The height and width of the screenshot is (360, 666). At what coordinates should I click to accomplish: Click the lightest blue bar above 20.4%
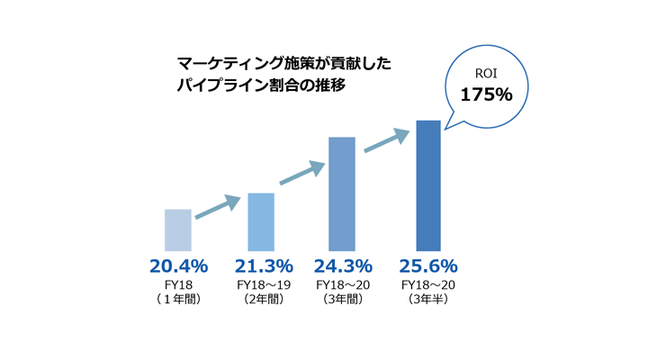click(178, 229)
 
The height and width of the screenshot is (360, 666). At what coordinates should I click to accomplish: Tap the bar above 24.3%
click(342, 193)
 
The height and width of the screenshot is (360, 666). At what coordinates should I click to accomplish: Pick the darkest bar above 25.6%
click(427, 185)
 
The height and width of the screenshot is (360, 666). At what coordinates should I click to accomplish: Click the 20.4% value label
click(178, 266)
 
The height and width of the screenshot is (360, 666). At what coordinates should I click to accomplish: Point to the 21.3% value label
click(264, 266)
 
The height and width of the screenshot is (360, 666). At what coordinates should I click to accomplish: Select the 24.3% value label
click(343, 266)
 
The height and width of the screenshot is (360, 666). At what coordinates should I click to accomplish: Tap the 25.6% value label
click(429, 266)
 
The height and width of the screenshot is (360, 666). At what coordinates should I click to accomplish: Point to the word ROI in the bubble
click(486, 73)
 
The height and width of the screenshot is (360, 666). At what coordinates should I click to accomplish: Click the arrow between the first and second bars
click(219, 206)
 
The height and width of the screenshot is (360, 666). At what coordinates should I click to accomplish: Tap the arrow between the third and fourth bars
click(387, 140)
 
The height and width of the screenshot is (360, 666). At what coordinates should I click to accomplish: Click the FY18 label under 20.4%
click(178, 284)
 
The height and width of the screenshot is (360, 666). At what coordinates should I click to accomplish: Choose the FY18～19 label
click(264, 284)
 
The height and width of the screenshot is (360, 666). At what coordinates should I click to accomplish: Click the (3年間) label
click(343, 299)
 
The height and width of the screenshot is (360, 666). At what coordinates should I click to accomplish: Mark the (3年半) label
click(429, 299)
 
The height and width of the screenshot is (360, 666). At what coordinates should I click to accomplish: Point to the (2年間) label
click(264, 299)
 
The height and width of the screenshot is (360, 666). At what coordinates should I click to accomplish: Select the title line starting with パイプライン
click(261, 87)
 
